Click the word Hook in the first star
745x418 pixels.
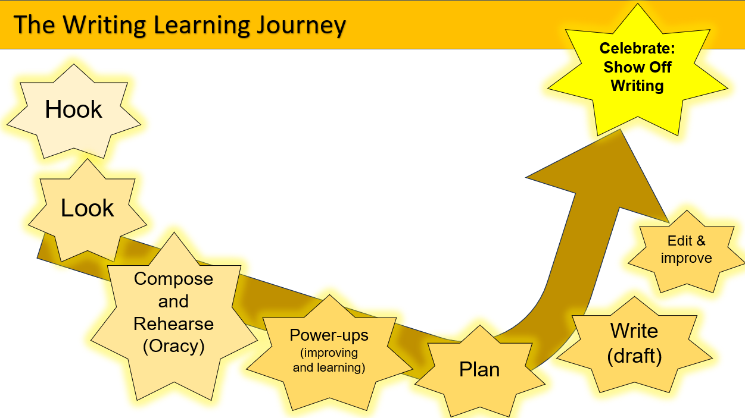tap(74, 110)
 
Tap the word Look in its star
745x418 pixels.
tap(88, 208)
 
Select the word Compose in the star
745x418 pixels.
tap(173, 279)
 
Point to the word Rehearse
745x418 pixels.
tap(173, 324)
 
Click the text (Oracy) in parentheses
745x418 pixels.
tap(173, 347)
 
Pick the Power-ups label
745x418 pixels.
tap(329, 335)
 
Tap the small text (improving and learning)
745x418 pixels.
tap(329, 360)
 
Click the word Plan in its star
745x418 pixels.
tap(479, 370)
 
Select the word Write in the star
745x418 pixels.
tap(634, 331)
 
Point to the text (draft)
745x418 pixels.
tap(634, 356)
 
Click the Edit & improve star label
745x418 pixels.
tap(686, 250)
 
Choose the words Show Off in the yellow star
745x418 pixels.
tap(637, 67)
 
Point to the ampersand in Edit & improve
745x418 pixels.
tap(700, 241)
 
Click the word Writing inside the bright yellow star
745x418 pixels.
tap(637, 86)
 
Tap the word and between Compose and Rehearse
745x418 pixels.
tap(173, 301)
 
